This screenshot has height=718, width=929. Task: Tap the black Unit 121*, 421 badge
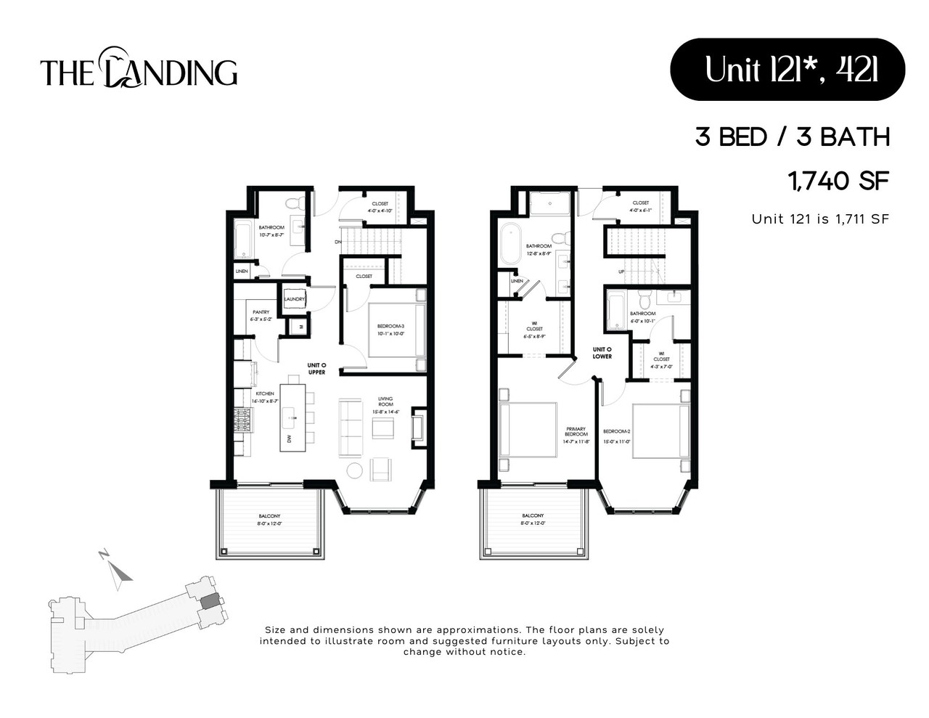click(x=787, y=70)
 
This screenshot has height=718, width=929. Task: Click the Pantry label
click(x=261, y=313)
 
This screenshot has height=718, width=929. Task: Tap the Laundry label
click(x=294, y=299)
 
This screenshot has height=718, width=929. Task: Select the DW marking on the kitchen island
click(x=289, y=438)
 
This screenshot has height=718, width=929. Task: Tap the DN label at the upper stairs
click(x=337, y=242)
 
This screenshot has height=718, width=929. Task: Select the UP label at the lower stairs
click(x=621, y=272)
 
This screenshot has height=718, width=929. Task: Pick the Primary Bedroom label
click(x=576, y=431)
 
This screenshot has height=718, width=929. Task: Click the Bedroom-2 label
click(x=616, y=432)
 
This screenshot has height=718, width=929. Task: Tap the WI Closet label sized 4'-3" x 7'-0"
click(x=661, y=359)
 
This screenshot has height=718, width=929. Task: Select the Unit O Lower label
click(x=602, y=353)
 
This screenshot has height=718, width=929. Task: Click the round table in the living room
click(x=354, y=470)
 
